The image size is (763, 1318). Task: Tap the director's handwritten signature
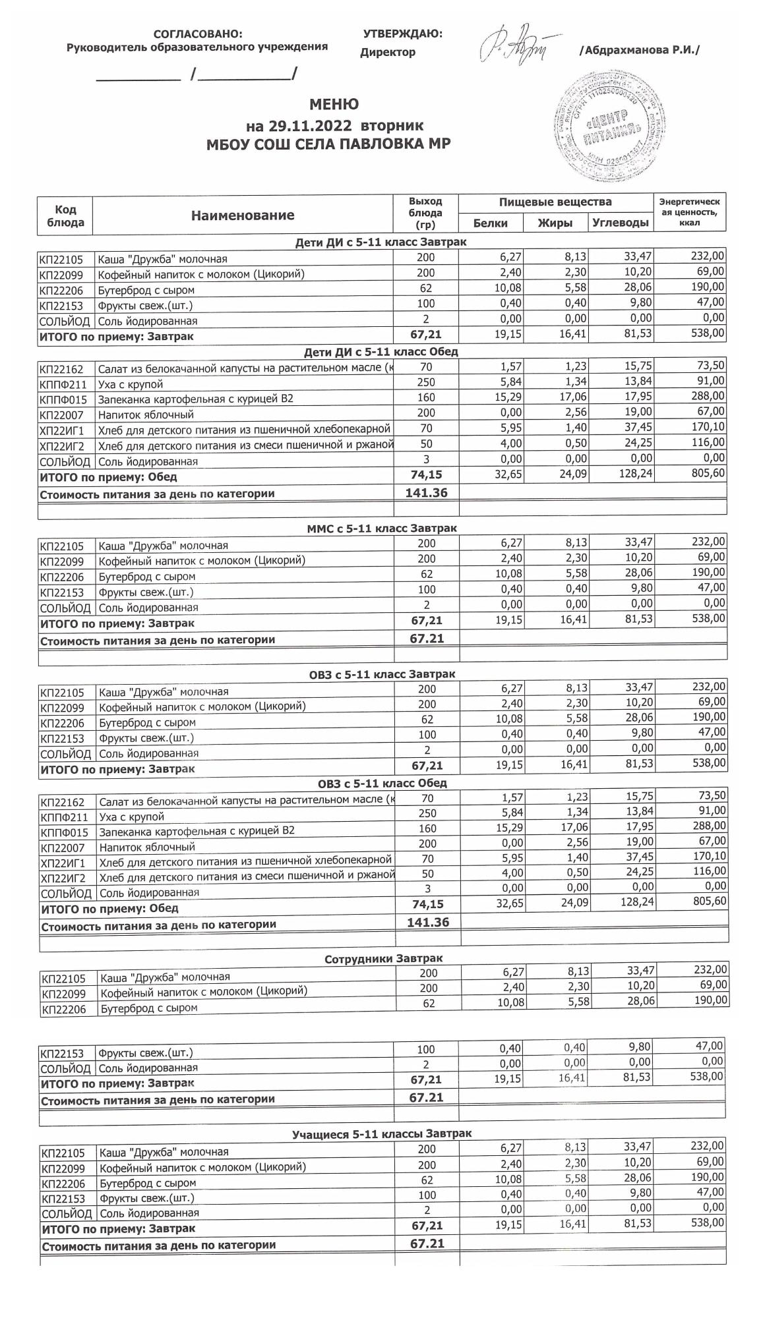[x=518, y=45]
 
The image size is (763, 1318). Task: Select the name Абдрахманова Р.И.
[x=639, y=51]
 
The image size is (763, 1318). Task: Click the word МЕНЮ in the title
[x=334, y=105]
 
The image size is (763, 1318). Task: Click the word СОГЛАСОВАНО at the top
[x=197, y=34]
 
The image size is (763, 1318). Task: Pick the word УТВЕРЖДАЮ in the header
[x=402, y=34]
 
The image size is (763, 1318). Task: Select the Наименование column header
[x=243, y=215]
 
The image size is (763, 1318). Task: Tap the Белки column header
[x=491, y=223]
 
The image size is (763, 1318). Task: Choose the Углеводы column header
[x=620, y=223]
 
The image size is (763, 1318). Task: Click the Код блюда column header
[x=65, y=215]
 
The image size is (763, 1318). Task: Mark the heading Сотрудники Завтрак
[x=383, y=958]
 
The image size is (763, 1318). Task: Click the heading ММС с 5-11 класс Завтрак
[x=382, y=528]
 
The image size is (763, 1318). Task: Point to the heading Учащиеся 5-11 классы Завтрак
[x=382, y=1133]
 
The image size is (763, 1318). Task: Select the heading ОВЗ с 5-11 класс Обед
[x=382, y=783]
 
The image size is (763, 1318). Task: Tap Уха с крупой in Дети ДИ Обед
[x=131, y=384]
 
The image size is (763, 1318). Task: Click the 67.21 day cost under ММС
[x=427, y=638]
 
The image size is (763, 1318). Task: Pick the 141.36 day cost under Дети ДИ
[x=427, y=492]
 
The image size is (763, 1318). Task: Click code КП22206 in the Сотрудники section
[x=64, y=1009]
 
